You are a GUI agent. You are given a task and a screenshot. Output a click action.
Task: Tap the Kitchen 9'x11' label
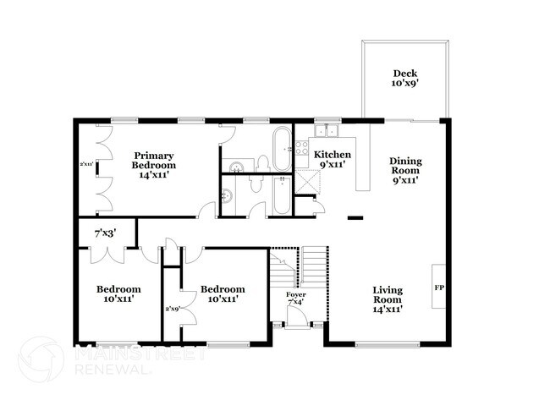pyautogui.click(x=333, y=160)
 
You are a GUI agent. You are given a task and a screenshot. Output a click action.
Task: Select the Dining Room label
pyautogui.click(x=405, y=170)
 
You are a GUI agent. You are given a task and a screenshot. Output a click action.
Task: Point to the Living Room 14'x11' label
pyautogui.click(x=388, y=299)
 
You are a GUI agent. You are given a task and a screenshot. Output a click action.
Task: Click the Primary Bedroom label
pyautogui.click(x=153, y=161)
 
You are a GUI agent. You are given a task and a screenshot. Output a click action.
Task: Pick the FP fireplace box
pyautogui.click(x=439, y=288)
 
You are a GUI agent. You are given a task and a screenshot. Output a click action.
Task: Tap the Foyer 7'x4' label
pyautogui.click(x=295, y=298)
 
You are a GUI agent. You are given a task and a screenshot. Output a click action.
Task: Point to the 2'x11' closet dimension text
pyautogui.click(x=86, y=163)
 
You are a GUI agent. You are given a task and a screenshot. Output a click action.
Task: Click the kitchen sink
pyautogui.click(x=326, y=131)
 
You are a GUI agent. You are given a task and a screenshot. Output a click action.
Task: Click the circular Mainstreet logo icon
pyautogui.click(x=41, y=359)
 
